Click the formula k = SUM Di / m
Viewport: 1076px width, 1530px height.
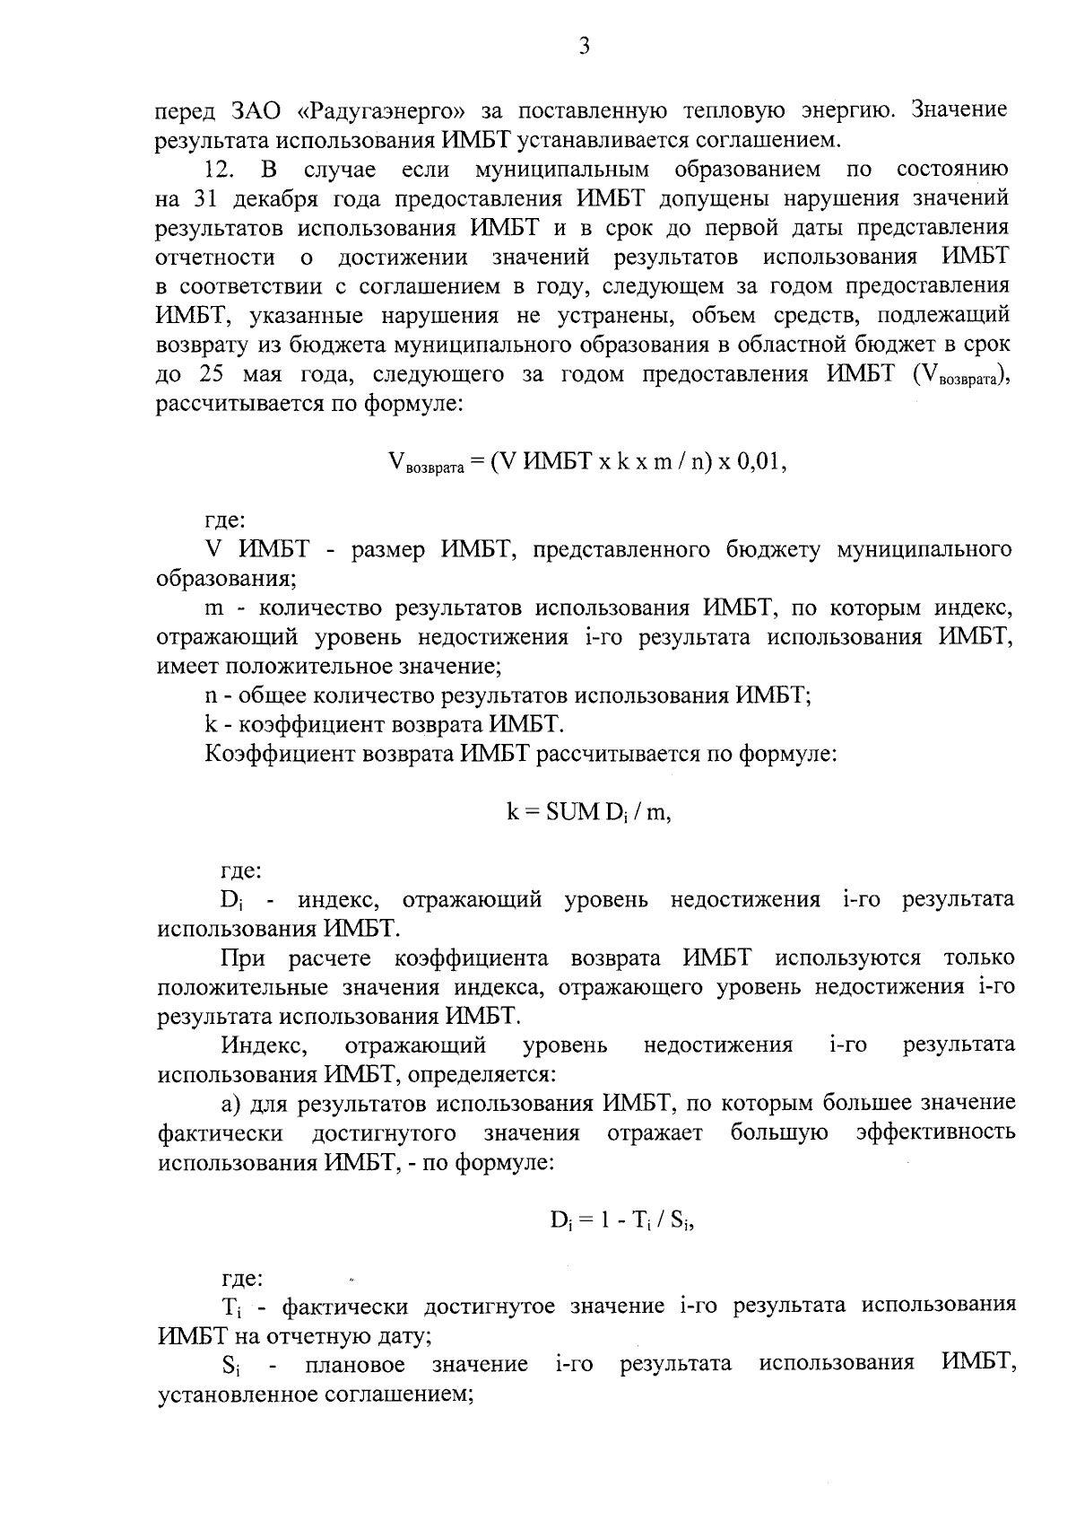pos(588,813)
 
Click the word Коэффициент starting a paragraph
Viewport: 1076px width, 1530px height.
pos(281,755)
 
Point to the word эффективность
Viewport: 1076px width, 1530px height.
pos(935,1133)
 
